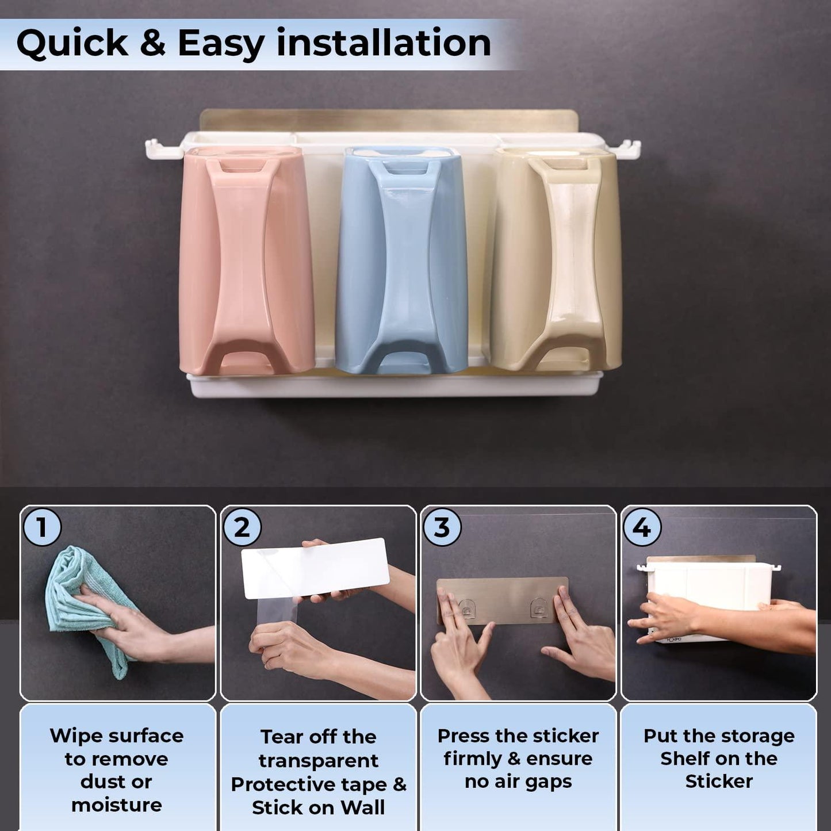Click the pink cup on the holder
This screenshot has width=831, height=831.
pyautogui.click(x=246, y=260)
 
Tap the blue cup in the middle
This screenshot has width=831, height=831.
pyautogui.click(x=401, y=260)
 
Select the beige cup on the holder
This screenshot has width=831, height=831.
pyautogui.click(x=556, y=259)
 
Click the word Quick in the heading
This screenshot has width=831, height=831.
pyautogui.click(x=72, y=44)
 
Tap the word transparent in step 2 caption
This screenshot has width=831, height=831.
pyautogui.click(x=318, y=761)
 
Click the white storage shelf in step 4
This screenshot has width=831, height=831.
pyautogui.click(x=707, y=599)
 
